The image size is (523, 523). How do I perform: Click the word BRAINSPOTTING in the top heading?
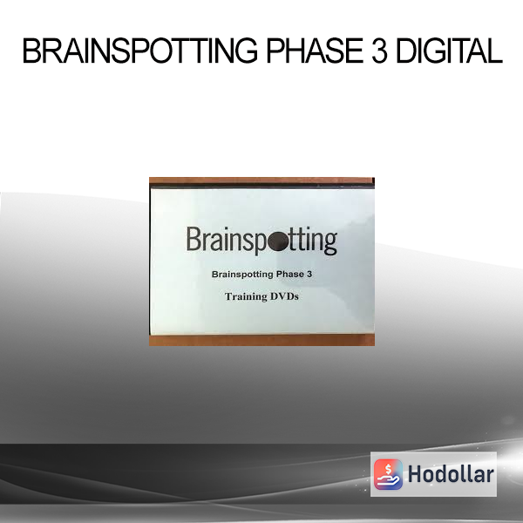click(140, 51)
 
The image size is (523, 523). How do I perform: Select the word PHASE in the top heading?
click(315, 51)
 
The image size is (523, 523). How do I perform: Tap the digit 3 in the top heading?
click(379, 51)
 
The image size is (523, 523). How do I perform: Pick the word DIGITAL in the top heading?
click(449, 51)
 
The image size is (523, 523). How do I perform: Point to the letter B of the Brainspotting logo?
click(193, 239)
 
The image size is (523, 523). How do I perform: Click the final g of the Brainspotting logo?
click(330, 243)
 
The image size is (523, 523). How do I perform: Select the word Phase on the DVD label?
click(290, 275)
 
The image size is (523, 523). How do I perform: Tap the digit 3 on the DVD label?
click(309, 275)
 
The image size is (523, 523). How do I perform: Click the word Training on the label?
click(246, 296)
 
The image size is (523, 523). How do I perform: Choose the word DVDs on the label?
click(284, 296)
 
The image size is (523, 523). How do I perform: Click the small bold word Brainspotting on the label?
click(242, 275)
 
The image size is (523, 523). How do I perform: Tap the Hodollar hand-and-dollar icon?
click(388, 474)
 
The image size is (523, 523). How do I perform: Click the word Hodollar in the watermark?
click(451, 474)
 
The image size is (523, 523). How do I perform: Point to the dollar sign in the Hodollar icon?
click(388, 469)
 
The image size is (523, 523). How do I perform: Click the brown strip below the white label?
click(261, 340)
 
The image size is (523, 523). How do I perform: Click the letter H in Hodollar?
click(414, 474)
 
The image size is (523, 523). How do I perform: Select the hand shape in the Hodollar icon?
click(388, 480)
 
